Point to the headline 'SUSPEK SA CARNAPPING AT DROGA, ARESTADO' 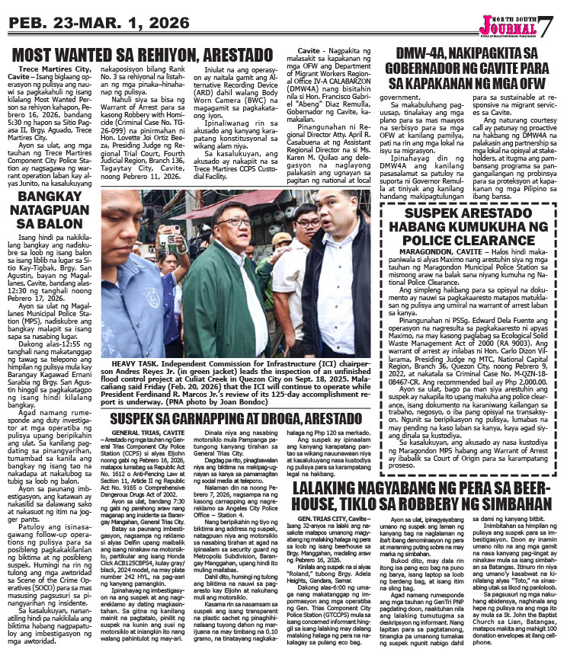point(241,418)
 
